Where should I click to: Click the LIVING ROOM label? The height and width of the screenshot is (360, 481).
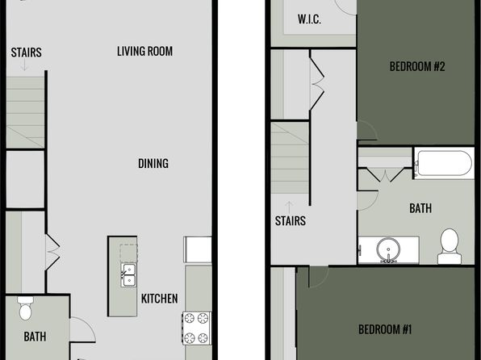pos(144,51)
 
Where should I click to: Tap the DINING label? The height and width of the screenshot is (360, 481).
pos(153,163)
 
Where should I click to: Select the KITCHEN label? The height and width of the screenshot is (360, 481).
pos(159,299)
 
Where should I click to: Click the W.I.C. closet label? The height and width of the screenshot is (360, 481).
pos(309,19)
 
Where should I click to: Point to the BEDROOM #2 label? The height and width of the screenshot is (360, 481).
pos(417,66)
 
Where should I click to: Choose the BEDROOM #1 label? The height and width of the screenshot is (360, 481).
pos(385,329)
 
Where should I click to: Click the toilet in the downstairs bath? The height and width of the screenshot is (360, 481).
pos(25,308)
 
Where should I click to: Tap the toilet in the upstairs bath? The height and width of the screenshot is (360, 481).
pos(450,246)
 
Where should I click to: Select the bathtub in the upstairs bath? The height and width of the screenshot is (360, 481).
pos(444,163)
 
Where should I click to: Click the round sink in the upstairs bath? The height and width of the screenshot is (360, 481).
pos(388,249)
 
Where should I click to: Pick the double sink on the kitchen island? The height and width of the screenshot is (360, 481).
pos(128,274)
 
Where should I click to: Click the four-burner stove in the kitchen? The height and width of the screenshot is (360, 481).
pos(196,328)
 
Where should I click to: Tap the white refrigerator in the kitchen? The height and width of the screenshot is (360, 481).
pos(198,249)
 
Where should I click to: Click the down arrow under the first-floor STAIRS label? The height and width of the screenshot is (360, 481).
pos(24,65)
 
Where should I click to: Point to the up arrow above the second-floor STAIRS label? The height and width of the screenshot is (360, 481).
pos(289,207)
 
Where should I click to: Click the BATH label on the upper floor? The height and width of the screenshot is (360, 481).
pos(420,208)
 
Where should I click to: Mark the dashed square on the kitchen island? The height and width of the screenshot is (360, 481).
pos(128,253)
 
